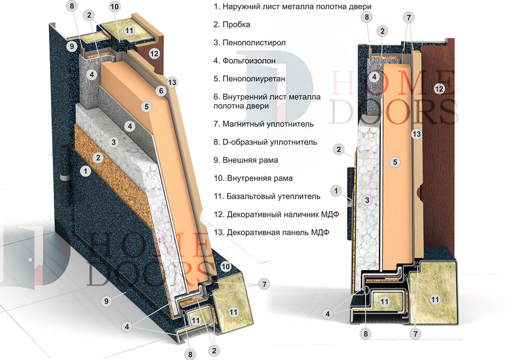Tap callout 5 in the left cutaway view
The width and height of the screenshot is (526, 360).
point(146,107)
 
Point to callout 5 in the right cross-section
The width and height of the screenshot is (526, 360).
point(396,162)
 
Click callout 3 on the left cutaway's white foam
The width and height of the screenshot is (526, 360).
point(113,142)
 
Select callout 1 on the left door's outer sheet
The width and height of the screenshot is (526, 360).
point(84,170)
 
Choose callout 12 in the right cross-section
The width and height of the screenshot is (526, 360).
point(439,88)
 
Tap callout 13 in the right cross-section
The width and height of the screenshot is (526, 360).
point(417,133)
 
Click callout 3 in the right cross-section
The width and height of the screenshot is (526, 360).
point(368,200)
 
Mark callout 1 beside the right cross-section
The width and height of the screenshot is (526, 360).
point(338,191)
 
